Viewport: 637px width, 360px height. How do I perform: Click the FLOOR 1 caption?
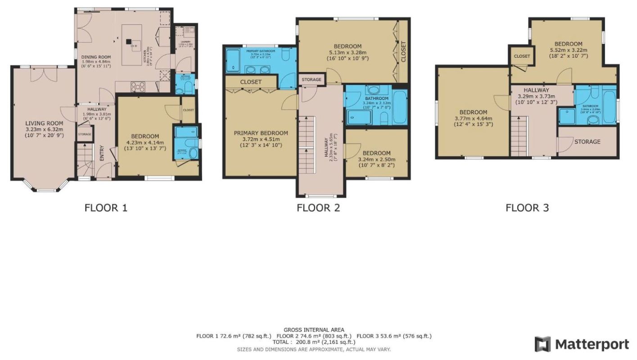[106, 208]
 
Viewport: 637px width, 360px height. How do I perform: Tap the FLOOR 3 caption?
[527, 208]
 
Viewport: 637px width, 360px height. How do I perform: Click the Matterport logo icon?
[543, 344]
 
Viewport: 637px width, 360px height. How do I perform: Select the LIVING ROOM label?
[44, 123]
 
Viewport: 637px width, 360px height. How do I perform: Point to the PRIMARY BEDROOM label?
[261, 133]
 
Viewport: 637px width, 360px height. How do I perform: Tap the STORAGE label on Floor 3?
[587, 142]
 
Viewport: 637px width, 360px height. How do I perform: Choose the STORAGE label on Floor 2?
[312, 80]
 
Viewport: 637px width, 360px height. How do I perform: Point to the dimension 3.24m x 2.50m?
[376, 159]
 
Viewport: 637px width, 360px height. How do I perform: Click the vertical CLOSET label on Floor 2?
[403, 52]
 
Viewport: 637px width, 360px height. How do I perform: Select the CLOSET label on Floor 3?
[522, 56]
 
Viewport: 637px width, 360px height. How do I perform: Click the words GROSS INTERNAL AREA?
[314, 330]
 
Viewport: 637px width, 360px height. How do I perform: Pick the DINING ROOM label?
[95, 57]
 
